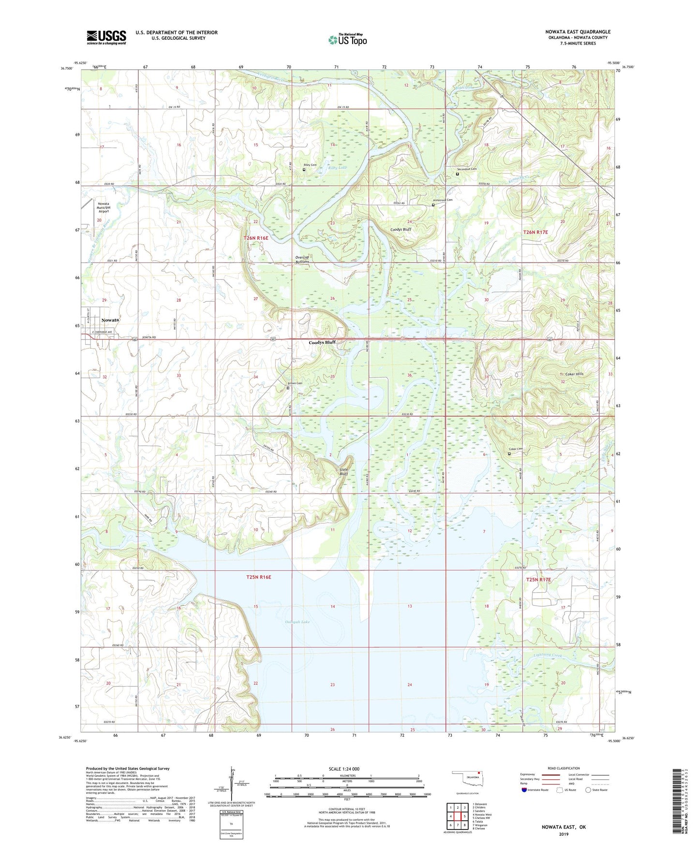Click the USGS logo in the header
[x=106, y=37]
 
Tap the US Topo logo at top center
[x=347, y=40]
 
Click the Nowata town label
[x=110, y=320]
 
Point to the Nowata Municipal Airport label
[x=104, y=207]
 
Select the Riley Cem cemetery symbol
[x=304, y=170]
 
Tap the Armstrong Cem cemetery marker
[x=433, y=205]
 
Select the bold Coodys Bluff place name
[x=322, y=342]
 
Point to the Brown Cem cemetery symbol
[x=288, y=388]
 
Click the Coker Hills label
[x=574, y=374]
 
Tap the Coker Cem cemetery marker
[x=509, y=453]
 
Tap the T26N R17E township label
[x=535, y=232]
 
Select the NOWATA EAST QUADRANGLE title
[x=578, y=31]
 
